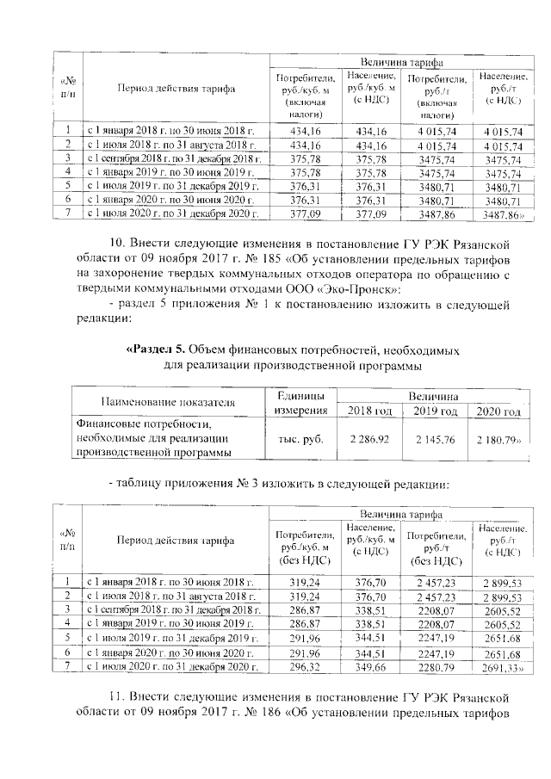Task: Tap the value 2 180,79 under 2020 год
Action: pos(498,439)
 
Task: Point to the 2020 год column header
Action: pos(498,413)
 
